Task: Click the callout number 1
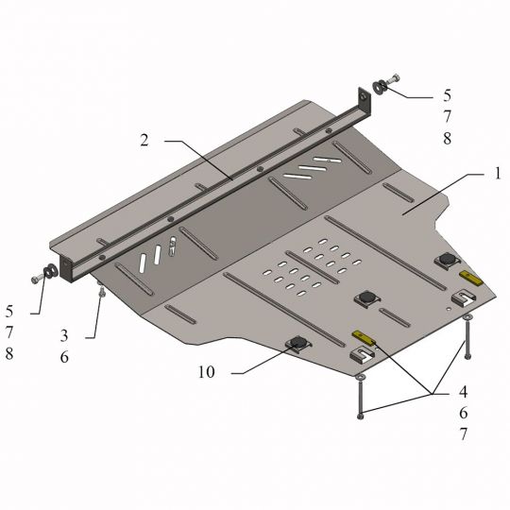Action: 498,174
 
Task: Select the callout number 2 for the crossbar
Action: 144,140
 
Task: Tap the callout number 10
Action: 207,372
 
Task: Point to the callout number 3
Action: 64,335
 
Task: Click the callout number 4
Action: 463,392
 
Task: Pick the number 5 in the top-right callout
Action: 448,95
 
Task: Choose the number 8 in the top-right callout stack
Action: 448,138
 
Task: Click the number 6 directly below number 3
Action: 64,357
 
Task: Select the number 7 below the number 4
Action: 463,434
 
